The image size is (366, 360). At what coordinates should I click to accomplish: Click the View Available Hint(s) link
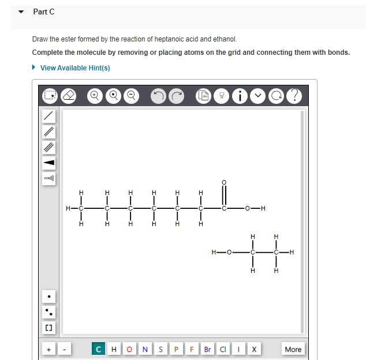(x=75, y=68)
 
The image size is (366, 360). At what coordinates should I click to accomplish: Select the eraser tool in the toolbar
(x=69, y=95)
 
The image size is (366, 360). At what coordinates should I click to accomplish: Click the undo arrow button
(x=158, y=95)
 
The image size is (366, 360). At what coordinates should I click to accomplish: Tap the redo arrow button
(x=177, y=95)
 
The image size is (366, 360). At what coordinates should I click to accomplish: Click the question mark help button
(x=294, y=95)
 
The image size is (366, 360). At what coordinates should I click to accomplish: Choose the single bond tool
(x=50, y=116)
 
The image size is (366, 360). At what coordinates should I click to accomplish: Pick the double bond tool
(x=50, y=132)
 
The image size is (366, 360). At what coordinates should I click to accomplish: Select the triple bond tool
(x=50, y=147)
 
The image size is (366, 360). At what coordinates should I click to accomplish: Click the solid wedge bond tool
(x=50, y=163)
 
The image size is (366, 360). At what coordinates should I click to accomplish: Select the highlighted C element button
(x=99, y=349)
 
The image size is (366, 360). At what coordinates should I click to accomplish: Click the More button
(x=293, y=349)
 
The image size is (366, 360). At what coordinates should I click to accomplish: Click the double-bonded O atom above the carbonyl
(x=224, y=183)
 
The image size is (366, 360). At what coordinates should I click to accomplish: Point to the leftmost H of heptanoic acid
(x=68, y=208)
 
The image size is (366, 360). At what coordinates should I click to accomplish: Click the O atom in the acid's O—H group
(x=247, y=208)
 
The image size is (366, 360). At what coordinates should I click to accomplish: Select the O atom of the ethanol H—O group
(x=229, y=252)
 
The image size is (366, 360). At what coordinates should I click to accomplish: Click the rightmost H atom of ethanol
(x=292, y=252)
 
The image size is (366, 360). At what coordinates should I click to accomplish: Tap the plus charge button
(x=49, y=349)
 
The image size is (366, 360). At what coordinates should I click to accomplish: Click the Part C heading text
(x=44, y=12)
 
